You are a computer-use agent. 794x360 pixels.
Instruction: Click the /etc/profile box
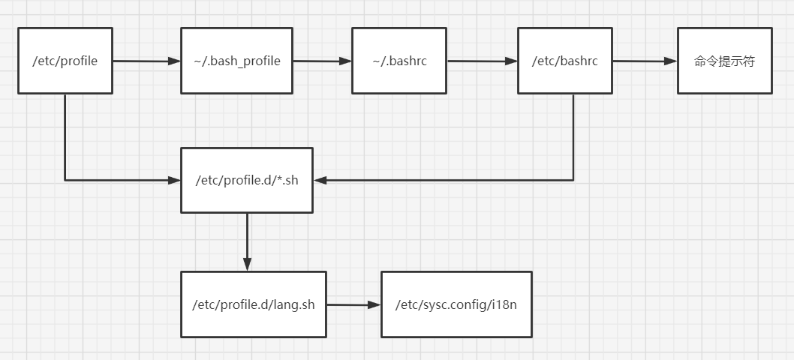(65, 61)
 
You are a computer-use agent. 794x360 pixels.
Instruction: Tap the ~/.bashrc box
(399, 61)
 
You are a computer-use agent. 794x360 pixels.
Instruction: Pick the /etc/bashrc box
(565, 61)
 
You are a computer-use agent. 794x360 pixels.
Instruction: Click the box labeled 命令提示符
(724, 61)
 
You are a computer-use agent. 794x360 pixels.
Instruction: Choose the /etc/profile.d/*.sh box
(247, 180)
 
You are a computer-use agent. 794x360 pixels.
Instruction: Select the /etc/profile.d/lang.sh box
(254, 304)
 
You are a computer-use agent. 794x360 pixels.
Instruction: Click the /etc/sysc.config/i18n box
(456, 304)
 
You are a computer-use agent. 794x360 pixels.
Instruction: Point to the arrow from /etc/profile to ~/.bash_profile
(146, 61)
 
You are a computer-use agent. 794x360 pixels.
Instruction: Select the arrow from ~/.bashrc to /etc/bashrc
(483, 61)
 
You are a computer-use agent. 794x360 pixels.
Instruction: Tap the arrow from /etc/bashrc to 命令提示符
(645, 61)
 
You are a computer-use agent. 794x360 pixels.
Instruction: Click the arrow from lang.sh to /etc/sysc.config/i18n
(353, 305)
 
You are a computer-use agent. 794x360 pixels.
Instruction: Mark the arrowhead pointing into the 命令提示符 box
(670, 61)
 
